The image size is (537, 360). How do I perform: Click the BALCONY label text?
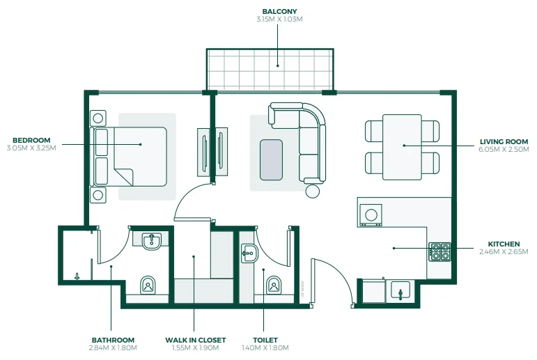click(279, 12)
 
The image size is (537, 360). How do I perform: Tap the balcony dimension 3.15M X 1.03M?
click(279, 19)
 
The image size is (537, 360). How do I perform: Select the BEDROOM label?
click(31, 140)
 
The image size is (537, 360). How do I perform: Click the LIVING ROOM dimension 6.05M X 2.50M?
click(504, 149)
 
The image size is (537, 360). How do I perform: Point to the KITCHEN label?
click(504, 244)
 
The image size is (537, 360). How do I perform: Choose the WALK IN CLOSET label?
click(196, 340)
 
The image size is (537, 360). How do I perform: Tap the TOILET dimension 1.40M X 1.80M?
click(265, 348)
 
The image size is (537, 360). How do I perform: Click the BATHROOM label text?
click(113, 340)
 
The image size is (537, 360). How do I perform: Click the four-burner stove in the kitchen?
click(440, 252)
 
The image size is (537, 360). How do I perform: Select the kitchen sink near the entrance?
click(400, 290)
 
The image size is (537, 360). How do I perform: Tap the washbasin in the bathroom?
click(151, 241)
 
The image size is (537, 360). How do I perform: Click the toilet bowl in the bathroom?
click(148, 285)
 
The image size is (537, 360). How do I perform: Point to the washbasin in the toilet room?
click(249, 253)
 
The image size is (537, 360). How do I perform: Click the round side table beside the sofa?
click(312, 191)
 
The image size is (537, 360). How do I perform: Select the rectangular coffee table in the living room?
click(271, 159)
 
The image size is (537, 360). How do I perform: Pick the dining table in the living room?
click(402, 147)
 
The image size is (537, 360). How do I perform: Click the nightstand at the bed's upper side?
click(98, 118)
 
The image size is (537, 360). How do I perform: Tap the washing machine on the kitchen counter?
click(371, 215)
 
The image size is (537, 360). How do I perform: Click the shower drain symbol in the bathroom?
click(77, 276)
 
